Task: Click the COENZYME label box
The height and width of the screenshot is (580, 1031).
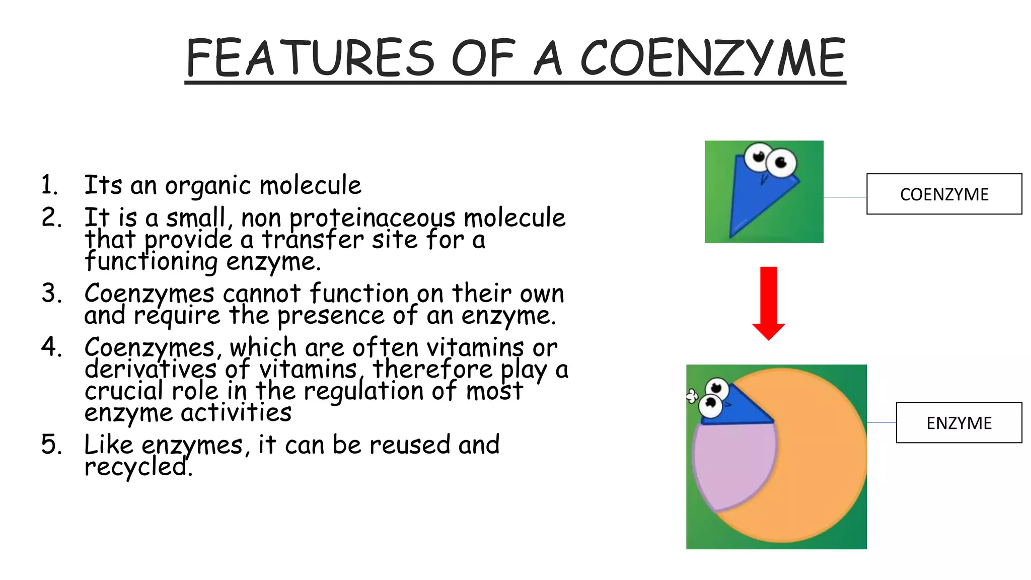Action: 944,194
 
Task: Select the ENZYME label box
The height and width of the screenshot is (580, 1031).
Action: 959,423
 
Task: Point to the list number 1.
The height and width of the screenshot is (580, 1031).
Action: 49,185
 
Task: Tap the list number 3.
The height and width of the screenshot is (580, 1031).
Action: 51,293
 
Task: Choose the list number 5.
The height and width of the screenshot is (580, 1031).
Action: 51,445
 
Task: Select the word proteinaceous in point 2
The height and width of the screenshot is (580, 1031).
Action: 372,219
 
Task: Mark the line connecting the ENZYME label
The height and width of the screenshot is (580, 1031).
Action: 881,422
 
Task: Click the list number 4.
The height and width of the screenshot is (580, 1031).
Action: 51,347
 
